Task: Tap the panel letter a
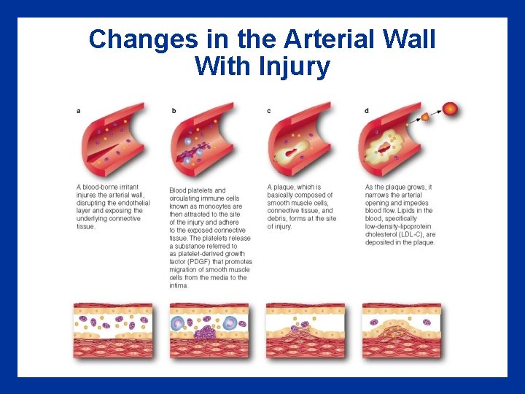(x=79, y=110)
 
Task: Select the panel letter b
(x=174, y=110)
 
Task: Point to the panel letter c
(x=269, y=110)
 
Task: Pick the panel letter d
(x=366, y=110)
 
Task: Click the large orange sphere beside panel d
(x=451, y=109)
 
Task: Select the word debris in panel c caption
(x=280, y=218)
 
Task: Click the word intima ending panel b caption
(x=179, y=285)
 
